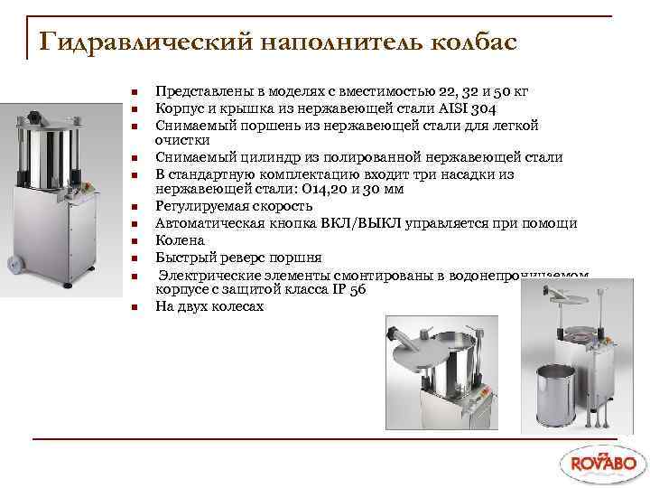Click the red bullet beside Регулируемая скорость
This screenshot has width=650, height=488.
click(133, 208)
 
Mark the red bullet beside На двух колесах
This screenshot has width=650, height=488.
click(133, 308)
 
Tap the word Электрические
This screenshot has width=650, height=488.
click(210, 275)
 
